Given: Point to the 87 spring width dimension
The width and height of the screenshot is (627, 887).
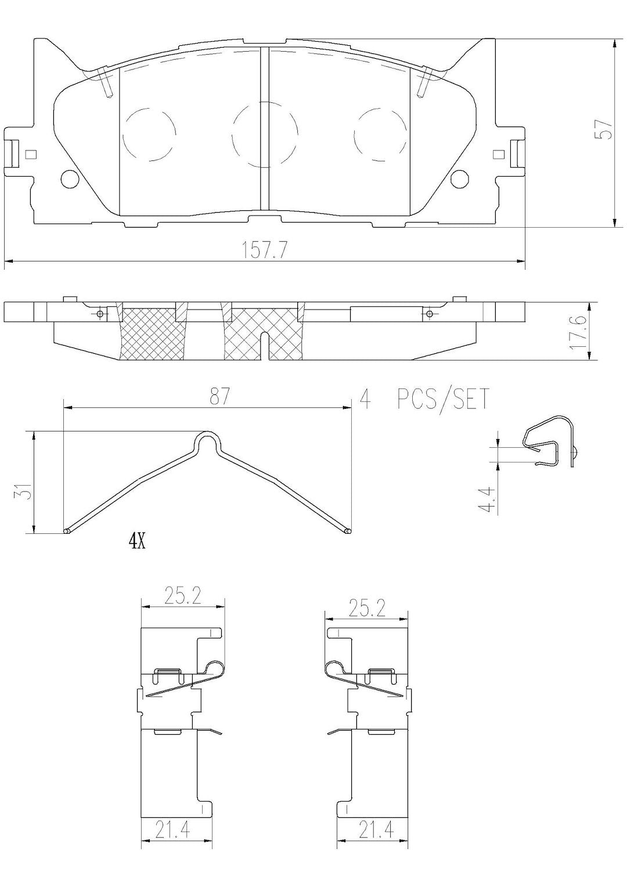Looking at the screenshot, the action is [x=220, y=397].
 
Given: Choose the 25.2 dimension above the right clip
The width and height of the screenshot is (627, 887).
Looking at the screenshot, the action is [x=367, y=609].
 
